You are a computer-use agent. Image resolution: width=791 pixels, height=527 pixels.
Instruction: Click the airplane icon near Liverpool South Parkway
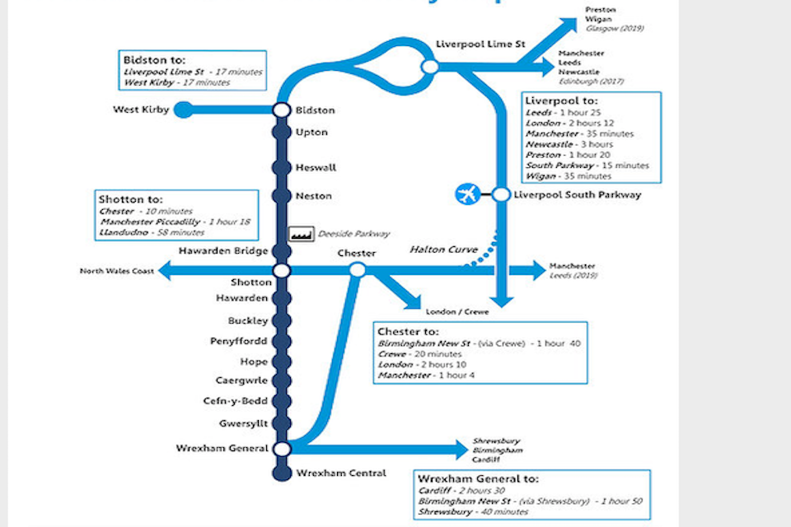(467, 195)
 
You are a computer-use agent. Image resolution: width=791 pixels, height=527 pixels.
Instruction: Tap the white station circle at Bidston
(281, 110)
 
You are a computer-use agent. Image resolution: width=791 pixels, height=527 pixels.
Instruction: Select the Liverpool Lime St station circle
(429, 66)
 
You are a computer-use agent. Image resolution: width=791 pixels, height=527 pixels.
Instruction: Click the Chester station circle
(358, 270)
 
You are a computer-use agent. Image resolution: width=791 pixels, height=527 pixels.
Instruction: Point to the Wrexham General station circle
(281, 449)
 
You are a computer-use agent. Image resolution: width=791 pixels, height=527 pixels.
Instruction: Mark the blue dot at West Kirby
(183, 110)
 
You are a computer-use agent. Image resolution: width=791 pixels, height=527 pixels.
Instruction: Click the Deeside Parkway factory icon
(302, 234)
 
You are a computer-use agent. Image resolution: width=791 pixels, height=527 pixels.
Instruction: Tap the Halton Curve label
(438, 250)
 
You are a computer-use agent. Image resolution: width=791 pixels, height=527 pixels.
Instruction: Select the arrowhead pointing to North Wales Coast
(166, 270)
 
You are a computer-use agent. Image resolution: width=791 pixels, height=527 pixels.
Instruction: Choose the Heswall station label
(316, 168)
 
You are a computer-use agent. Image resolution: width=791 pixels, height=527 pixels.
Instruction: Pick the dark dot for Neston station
(281, 196)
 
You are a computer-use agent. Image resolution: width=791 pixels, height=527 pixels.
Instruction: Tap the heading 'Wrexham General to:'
(478, 478)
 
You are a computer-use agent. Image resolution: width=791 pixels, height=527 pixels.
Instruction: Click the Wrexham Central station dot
(281, 473)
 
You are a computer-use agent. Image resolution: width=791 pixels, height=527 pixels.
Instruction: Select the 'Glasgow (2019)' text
(614, 28)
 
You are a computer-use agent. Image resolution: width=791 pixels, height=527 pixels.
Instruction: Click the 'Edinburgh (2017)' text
(591, 82)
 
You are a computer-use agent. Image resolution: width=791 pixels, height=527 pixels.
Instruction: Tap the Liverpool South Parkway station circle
(500, 195)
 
